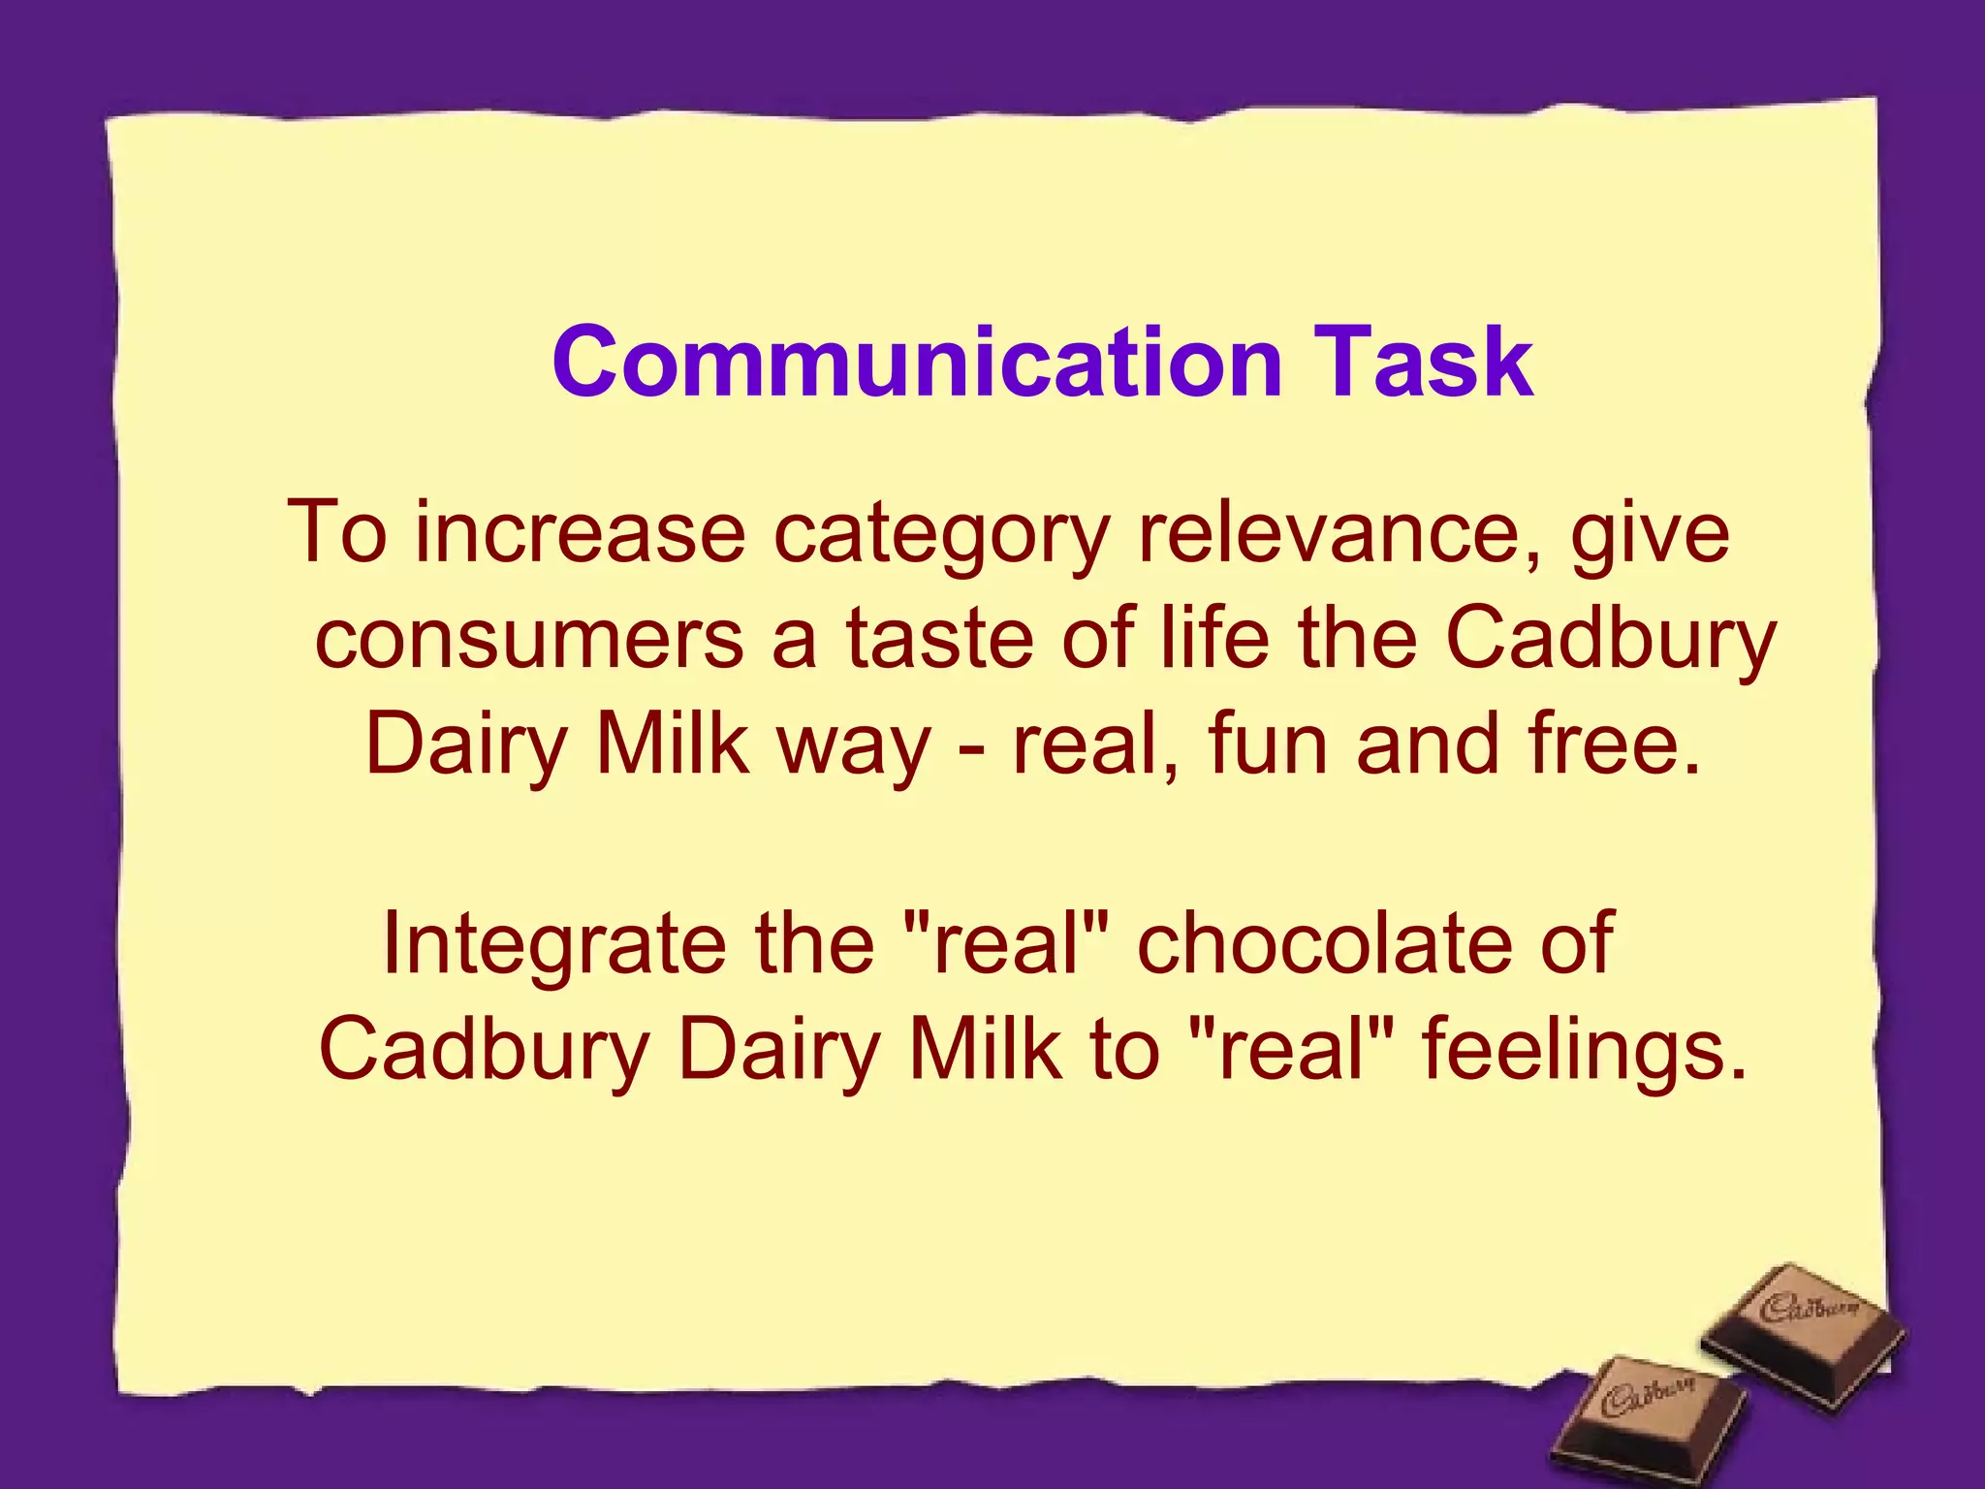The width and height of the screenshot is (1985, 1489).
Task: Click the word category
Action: (x=940, y=536)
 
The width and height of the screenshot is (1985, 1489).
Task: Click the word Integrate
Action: (x=553, y=945)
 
